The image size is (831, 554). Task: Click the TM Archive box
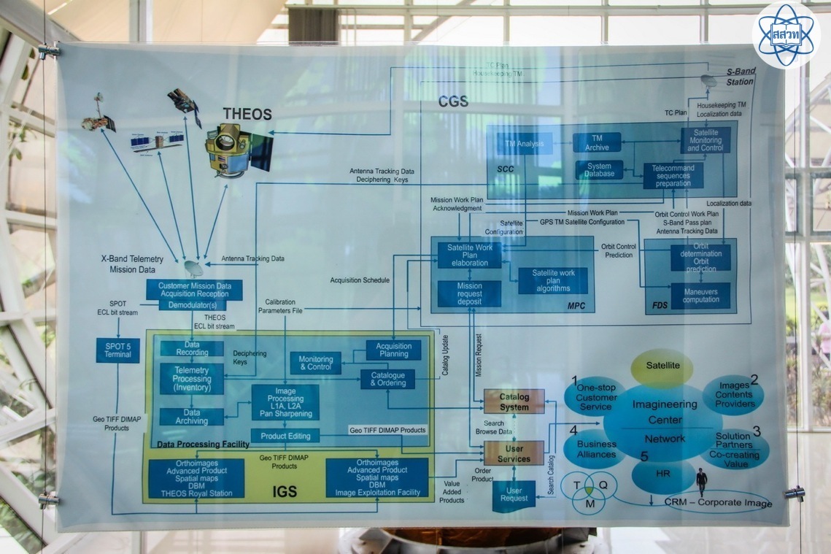(x=596, y=142)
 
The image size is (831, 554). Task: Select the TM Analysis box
(x=525, y=144)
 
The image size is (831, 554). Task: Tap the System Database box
(x=599, y=169)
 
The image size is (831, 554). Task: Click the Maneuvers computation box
(x=700, y=295)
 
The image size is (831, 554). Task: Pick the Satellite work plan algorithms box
(x=552, y=280)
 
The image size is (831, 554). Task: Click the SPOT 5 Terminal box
(x=117, y=350)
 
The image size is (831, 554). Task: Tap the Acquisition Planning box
(x=393, y=350)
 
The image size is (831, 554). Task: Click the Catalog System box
(x=514, y=401)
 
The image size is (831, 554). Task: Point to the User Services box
(x=514, y=453)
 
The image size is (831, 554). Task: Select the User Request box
(x=514, y=496)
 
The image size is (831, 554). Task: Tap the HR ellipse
(x=663, y=474)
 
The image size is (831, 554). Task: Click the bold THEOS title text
(x=247, y=115)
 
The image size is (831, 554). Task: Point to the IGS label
(x=285, y=491)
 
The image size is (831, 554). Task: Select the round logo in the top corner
(x=786, y=34)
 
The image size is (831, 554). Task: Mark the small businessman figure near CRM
(x=701, y=482)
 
